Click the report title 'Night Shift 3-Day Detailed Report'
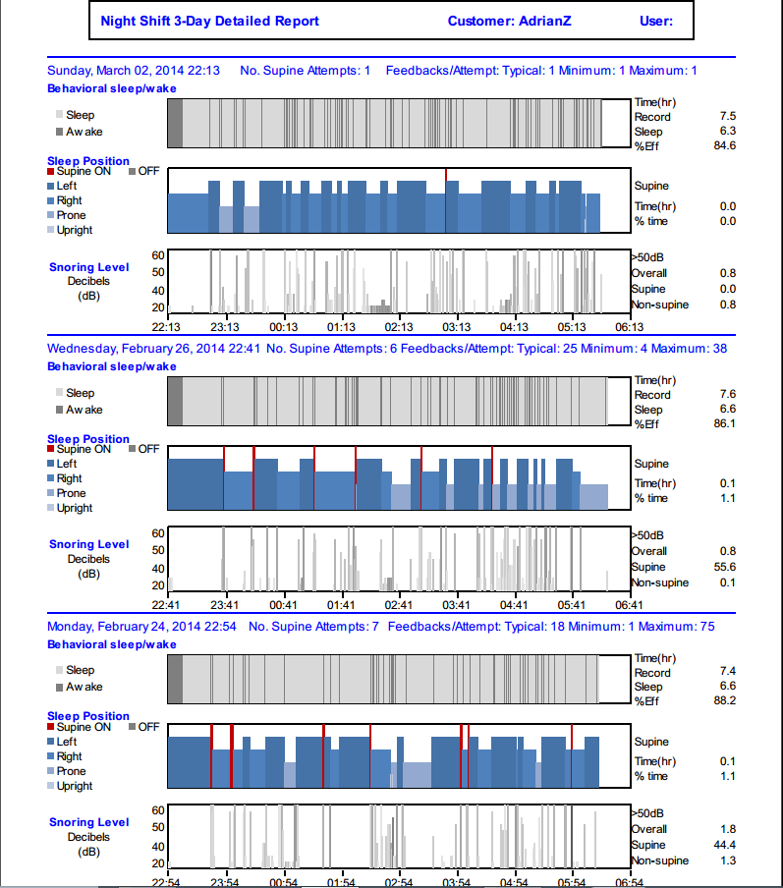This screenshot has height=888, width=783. click(x=209, y=21)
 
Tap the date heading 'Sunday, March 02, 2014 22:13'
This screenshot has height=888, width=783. click(x=134, y=71)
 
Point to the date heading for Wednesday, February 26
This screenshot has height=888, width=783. click(x=153, y=349)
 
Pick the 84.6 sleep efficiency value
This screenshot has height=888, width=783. click(x=725, y=146)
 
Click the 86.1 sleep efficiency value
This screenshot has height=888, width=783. click(x=725, y=424)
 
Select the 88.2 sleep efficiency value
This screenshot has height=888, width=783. click(x=725, y=701)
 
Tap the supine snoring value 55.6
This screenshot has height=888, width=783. click(x=725, y=567)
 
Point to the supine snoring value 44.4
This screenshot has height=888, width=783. click(x=725, y=845)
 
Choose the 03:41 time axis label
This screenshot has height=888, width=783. click(x=456, y=605)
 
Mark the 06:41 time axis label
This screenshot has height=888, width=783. click(x=630, y=605)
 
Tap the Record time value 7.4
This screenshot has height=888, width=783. click(x=728, y=673)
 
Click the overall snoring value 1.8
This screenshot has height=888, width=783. click(x=728, y=829)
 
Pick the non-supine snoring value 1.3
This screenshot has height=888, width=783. click(x=728, y=860)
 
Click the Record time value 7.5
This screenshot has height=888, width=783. click(x=728, y=117)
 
